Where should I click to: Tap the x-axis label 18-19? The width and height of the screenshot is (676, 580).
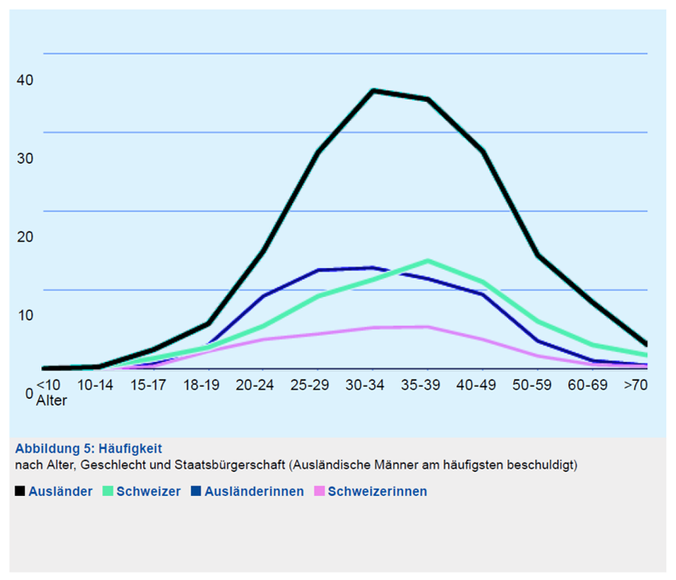coord(201,385)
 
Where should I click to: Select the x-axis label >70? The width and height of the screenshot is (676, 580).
coord(635,385)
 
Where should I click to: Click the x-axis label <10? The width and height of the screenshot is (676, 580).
coord(49,385)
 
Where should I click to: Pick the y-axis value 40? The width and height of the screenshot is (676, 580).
coord(25,80)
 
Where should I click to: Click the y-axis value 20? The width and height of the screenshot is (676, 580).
coord(25,237)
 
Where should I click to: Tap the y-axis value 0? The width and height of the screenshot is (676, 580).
coord(30,394)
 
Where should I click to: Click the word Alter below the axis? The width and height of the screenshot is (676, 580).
coord(51,401)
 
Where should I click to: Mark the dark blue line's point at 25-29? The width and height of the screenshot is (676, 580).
coord(318,270)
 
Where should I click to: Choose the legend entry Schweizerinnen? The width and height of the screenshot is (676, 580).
coord(377,491)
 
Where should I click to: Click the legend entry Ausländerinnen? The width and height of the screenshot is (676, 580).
coord(254,491)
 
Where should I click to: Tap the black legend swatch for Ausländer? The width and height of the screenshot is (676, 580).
coord(19,491)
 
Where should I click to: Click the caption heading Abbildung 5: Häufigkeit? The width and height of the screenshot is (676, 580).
coord(89,449)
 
